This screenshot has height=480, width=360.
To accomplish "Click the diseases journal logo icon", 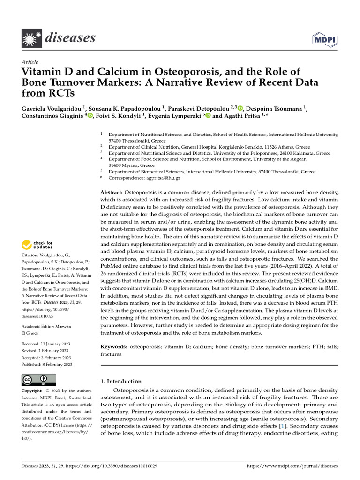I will pyautogui.click(x=31, y=37).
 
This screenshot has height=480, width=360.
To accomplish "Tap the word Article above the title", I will pyautogui.click(x=30, y=62).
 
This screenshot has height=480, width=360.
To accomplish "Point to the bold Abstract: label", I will pyautogui.click(x=112, y=193).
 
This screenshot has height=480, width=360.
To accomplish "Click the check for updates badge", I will pyautogui.click(x=37, y=245).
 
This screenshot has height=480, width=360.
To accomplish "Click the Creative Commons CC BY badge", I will pyautogui.click(x=39, y=380).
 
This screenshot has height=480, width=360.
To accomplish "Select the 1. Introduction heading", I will pyautogui.click(x=121, y=382).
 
